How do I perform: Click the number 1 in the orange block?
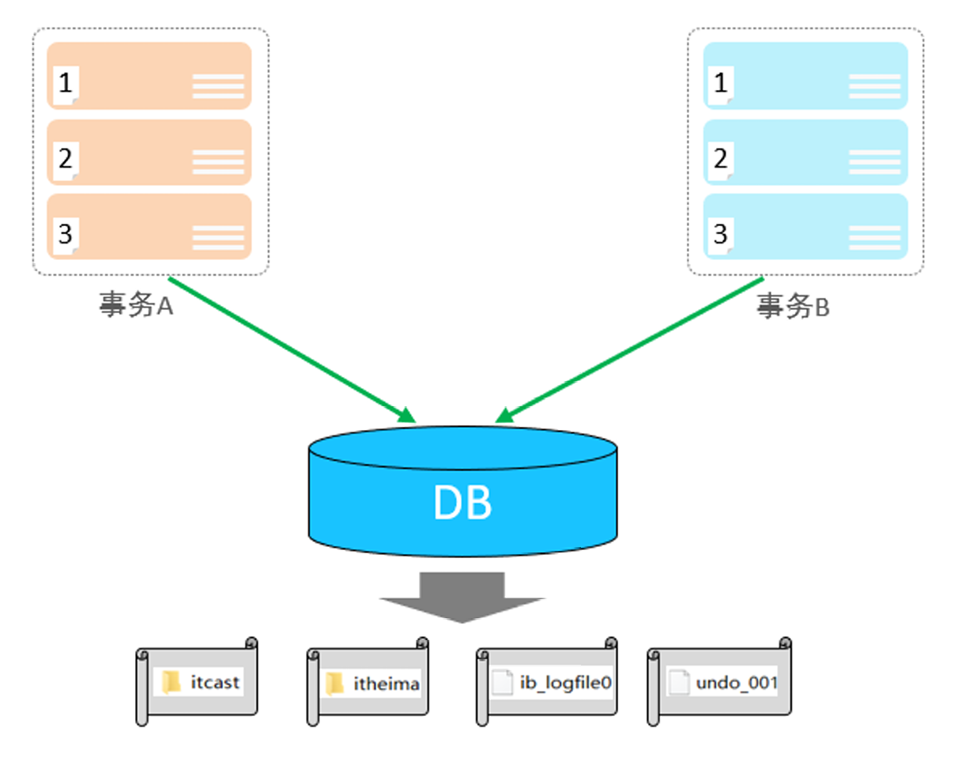[65, 83]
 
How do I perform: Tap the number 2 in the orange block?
[65, 158]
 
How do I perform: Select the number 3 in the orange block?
[65, 234]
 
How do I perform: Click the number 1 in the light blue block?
[720, 83]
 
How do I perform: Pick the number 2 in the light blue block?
[720, 158]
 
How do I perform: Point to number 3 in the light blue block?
[720, 234]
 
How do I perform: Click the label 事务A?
[136, 305]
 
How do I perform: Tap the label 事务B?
[793, 306]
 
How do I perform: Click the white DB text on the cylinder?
[462, 502]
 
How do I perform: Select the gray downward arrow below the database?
[462, 597]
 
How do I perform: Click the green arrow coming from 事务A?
[292, 349]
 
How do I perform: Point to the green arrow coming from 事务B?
[629, 349]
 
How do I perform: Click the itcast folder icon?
[171, 681]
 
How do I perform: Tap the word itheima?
[387, 684]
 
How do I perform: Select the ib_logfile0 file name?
[566, 683]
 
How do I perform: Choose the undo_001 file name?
[737, 683]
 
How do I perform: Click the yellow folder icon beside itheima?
[334, 683]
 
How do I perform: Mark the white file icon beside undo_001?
[679, 682]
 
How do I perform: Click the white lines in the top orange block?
[218, 86]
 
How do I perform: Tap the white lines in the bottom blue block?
[875, 238]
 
